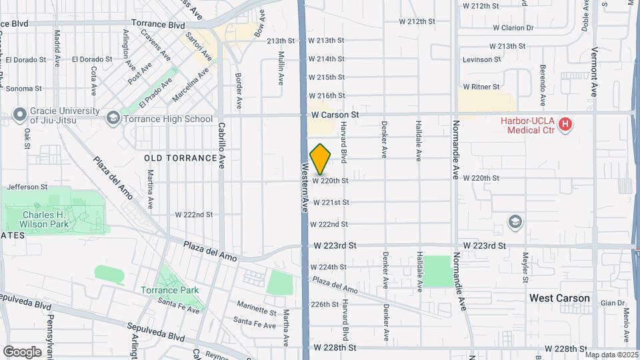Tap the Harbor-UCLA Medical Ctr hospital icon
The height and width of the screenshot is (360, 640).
point(565,123)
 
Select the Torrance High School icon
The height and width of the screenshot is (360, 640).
point(113,119)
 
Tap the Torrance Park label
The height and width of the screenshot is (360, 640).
point(169,290)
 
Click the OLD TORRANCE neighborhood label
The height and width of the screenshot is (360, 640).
point(181,158)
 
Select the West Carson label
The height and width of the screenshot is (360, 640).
point(559,298)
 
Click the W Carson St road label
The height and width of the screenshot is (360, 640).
point(335,115)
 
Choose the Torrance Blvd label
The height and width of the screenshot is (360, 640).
point(157,25)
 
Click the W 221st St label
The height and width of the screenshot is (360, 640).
point(331,202)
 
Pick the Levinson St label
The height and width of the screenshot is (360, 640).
point(481,59)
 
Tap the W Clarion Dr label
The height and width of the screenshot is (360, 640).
point(513,28)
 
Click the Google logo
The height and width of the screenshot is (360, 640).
point(22,351)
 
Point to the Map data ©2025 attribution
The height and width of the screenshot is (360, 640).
point(611,355)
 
